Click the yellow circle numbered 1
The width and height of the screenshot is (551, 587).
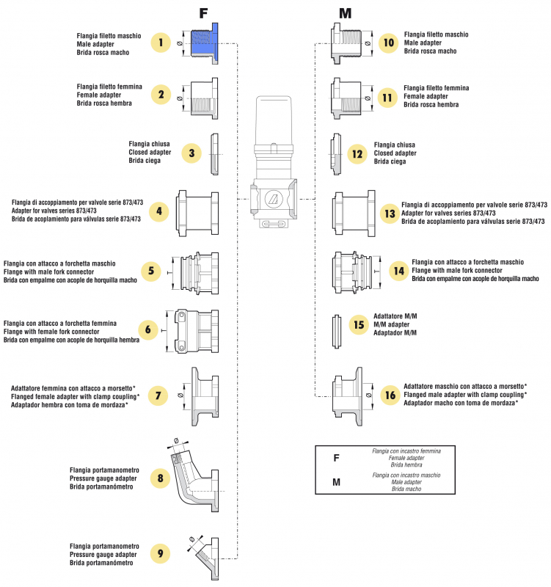[x=160, y=43]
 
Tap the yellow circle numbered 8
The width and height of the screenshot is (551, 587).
[x=160, y=478]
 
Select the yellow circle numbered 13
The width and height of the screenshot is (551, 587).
[x=390, y=213]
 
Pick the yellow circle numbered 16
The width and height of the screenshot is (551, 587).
[x=390, y=395]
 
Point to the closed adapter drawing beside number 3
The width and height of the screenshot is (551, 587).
[x=214, y=154]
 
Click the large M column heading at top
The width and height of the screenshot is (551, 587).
[x=346, y=13]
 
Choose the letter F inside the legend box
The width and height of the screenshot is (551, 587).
[x=335, y=458]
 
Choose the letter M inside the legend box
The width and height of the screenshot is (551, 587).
[x=336, y=482]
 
